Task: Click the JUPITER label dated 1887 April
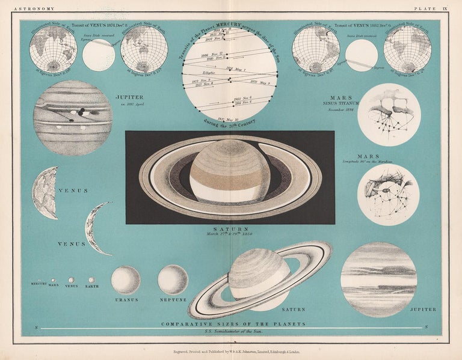tap(130, 96)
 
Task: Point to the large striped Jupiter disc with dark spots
tap(73, 118)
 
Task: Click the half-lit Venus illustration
tap(46, 193)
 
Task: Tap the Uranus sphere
tap(126, 279)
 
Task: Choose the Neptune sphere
tap(173, 279)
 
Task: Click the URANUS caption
tap(126, 299)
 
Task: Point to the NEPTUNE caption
tap(173, 299)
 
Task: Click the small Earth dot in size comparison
tap(91, 280)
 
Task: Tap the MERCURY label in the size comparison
tap(38, 284)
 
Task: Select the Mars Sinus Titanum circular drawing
tap(389, 115)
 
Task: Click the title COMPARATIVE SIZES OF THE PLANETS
tap(233, 324)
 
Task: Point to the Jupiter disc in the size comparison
tap(378, 279)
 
